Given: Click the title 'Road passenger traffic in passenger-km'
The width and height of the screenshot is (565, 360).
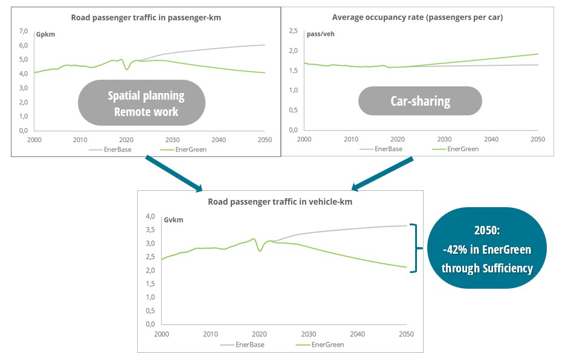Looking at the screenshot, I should [x=146, y=18].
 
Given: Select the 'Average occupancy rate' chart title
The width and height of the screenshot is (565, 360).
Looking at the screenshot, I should [x=417, y=18].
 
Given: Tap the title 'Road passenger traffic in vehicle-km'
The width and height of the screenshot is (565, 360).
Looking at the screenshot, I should [x=280, y=202].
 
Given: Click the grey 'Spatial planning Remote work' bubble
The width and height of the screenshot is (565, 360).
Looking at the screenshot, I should [x=146, y=104].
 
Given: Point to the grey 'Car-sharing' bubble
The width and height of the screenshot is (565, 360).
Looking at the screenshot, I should [x=420, y=101].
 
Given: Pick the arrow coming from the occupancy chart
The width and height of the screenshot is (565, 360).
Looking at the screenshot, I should [x=382, y=175].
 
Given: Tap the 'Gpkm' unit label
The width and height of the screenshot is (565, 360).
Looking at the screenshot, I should [x=47, y=35].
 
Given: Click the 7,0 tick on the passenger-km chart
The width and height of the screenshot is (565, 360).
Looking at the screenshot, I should [x=24, y=31].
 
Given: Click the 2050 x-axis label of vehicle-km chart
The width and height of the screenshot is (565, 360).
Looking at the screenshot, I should [x=407, y=334].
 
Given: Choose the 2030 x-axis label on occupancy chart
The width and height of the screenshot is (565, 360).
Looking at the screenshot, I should [x=444, y=139].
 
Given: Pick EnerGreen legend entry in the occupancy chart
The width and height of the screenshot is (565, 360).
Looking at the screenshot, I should [x=462, y=148].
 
